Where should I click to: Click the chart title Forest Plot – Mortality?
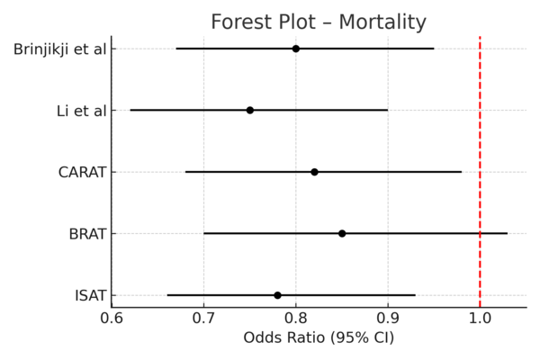point(319,22)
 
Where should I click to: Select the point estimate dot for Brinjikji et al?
point(296,49)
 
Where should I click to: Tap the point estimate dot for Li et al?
point(250,110)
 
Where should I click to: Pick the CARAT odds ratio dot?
point(314,172)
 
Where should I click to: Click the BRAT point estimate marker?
point(342,233)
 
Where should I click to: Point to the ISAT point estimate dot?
point(277,295)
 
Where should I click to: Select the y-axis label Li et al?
point(81,111)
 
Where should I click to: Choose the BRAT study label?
point(87,234)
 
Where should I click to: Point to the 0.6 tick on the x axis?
point(112,318)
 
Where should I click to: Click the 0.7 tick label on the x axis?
point(203,318)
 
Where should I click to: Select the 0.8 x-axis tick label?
point(296,318)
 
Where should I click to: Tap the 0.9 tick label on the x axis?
point(388,318)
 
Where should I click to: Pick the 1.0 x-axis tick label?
point(480,318)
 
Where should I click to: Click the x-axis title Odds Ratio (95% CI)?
point(319,339)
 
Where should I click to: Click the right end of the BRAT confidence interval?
point(508,233)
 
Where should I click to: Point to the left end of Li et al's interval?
point(130,110)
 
